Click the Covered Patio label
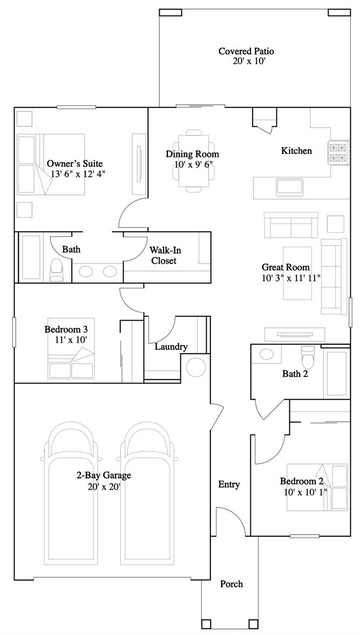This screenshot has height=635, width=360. pyautogui.click(x=246, y=51)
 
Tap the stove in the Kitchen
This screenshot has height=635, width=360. pyautogui.click(x=337, y=152)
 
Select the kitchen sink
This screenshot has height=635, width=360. pyautogui.click(x=291, y=187)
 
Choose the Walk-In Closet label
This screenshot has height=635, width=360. pyautogui.click(x=164, y=255)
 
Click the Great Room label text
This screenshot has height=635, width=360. pyautogui.click(x=286, y=267)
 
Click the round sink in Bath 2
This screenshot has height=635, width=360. pyautogui.click(x=267, y=354)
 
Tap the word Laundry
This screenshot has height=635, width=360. pyautogui.click(x=171, y=347)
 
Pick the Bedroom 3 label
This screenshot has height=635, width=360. pyautogui.click(x=66, y=329)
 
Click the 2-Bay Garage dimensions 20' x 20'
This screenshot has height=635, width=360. pyautogui.click(x=104, y=486)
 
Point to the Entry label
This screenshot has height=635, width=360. pyautogui.click(x=229, y=484)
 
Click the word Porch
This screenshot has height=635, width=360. pyautogui.click(x=232, y=584)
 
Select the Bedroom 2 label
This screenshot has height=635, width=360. pyautogui.click(x=301, y=481)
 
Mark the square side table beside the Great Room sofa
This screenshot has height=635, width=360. pyautogui.click(x=335, y=224)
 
